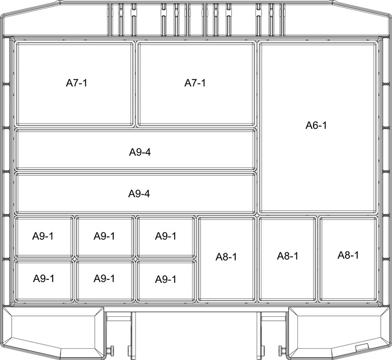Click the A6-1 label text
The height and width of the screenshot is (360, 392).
point(316,125)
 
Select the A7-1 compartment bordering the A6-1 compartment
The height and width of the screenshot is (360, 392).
point(197,84)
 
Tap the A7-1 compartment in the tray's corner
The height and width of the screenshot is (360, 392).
point(75,84)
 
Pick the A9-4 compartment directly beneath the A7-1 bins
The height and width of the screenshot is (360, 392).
point(136,149)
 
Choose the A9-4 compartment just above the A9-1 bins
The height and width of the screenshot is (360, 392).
point(136,193)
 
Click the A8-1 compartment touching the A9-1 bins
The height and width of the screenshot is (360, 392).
point(227,259)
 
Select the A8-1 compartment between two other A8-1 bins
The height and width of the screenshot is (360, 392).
point(287,259)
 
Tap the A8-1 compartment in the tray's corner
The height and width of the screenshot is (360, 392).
point(348,259)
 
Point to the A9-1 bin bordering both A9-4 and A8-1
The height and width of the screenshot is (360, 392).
point(166,237)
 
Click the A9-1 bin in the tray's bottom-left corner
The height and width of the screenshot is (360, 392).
point(44,280)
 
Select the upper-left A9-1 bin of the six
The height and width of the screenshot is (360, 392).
point(44,237)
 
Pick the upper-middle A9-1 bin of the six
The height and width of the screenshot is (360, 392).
point(105,237)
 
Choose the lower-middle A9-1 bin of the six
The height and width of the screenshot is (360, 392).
point(105,280)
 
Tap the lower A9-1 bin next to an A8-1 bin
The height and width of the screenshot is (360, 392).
point(166,280)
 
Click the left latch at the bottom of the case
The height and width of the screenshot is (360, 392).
point(53,333)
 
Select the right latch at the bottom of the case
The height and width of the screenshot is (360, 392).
point(339,333)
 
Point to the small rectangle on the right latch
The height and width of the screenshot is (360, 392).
point(362,348)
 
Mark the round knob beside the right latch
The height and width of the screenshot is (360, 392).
point(281,349)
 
